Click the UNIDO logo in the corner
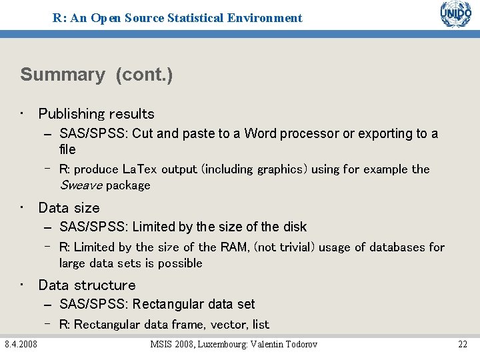[455, 15]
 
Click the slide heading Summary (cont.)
[97, 75]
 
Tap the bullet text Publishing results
[96, 114]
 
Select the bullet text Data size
[69, 208]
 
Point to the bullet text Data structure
[87, 285]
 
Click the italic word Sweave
[81, 185]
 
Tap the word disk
[294, 227]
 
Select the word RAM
[235, 247]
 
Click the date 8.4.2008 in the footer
[21, 344]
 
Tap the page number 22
[462, 344]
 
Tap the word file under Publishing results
[67, 149]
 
